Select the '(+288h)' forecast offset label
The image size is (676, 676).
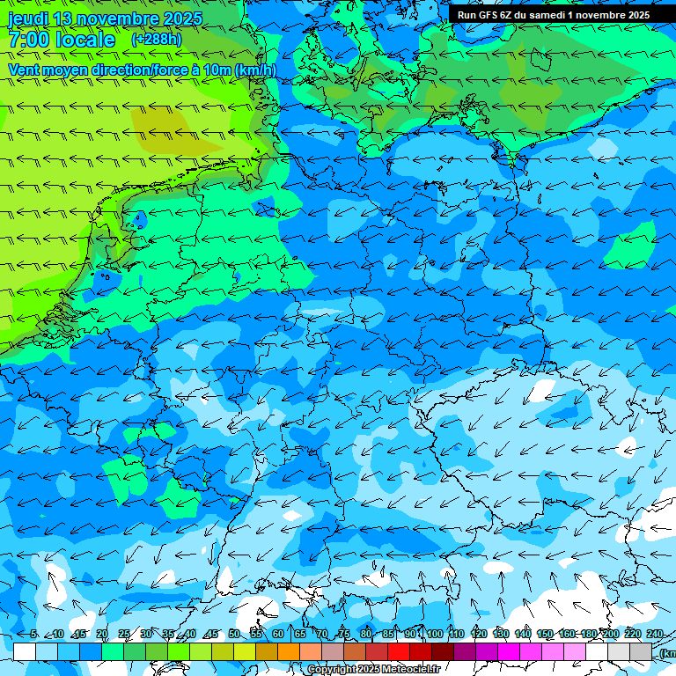click(x=157, y=40)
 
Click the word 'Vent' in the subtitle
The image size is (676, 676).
click(x=25, y=70)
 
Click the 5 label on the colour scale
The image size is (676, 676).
click(x=33, y=635)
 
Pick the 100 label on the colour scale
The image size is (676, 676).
click(x=434, y=635)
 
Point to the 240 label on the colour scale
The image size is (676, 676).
click(x=654, y=635)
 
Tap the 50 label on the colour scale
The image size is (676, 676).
click(x=233, y=635)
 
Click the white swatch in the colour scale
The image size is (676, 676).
click(x=25, y=651)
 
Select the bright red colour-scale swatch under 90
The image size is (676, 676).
click(x=399, y=651)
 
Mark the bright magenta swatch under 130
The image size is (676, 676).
click(x=509, y=651)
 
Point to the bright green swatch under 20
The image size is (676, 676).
click(x=113, y=651)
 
